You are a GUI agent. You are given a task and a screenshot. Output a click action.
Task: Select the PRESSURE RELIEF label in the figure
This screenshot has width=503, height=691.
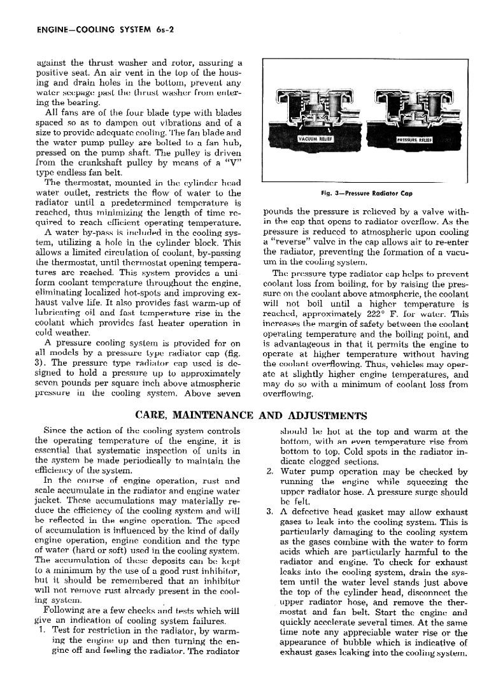[x=413, y=139]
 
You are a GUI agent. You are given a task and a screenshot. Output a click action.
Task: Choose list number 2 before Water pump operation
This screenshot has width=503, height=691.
[x=269, y=473]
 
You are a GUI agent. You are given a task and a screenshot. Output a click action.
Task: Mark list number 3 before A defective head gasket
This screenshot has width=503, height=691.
[x=269, y=512]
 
